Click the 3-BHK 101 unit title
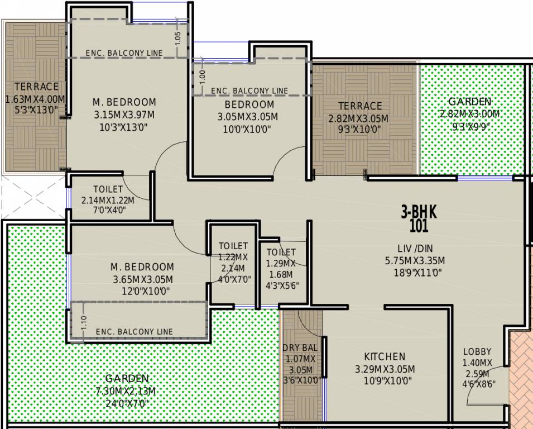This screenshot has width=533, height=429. pyautogui.click(x=419, y=219)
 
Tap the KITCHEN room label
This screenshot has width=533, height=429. pyautogui.click(x=385, y=356)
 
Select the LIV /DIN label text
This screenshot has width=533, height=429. pyautogui.click(x=415, y=249)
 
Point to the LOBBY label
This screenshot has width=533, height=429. pyautogui.click(x=477, y=351)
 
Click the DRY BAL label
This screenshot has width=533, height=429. pyautogui.click(x=300, y=347)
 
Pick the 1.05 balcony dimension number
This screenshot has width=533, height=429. pyautogui.click(x=177, y=38)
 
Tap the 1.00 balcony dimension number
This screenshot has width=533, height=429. pyautogui.click(x=203, y=77)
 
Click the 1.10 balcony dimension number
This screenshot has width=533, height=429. pyautogui.click(x=84, y=322)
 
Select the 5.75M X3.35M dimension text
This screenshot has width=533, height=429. pyautogui.click(x=415, y=261)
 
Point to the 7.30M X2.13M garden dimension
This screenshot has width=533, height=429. pyautogui.click(x=126, y=391)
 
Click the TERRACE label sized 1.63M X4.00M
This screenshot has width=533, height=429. pyautogui.click(x=36, y=87)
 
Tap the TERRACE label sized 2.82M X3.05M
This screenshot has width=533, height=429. pyautogui.click(x=360, y=106)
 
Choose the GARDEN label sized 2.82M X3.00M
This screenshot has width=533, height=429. pyautogui.click(x=470, y=101)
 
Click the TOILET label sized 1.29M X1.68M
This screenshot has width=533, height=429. pyautogui.click(x=281, y=252)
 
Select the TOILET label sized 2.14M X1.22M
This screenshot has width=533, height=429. pyautogui.click(x=108, y=189)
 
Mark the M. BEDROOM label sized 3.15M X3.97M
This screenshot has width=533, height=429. pyautogui.click(x=124, y=102)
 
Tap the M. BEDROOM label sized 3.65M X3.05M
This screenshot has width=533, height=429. pyautogui.click(x=142, y=266)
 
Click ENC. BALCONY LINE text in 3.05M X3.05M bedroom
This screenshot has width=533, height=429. pyautogui.click(x=249, y=91)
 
